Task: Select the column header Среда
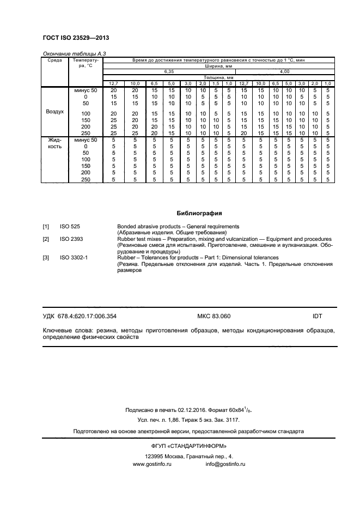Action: (54, 60)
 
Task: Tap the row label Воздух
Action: (54, 111)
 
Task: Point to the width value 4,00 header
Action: (285, 71)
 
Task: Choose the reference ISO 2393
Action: (71, 239)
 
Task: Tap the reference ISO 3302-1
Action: (74, 258)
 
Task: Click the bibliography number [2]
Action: (46, 239)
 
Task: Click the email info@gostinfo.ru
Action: (225, 464)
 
